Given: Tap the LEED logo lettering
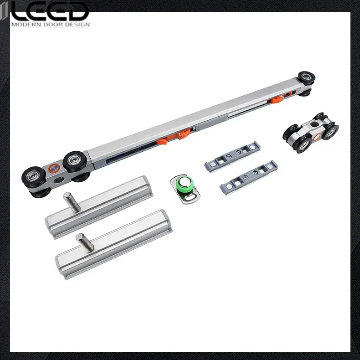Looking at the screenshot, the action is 50,11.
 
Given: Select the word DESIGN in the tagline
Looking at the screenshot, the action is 79,25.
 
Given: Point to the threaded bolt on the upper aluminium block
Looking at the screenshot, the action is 72,202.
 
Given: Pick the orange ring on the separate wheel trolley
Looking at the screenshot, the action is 317,138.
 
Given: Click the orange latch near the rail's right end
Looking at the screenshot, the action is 276,99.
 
